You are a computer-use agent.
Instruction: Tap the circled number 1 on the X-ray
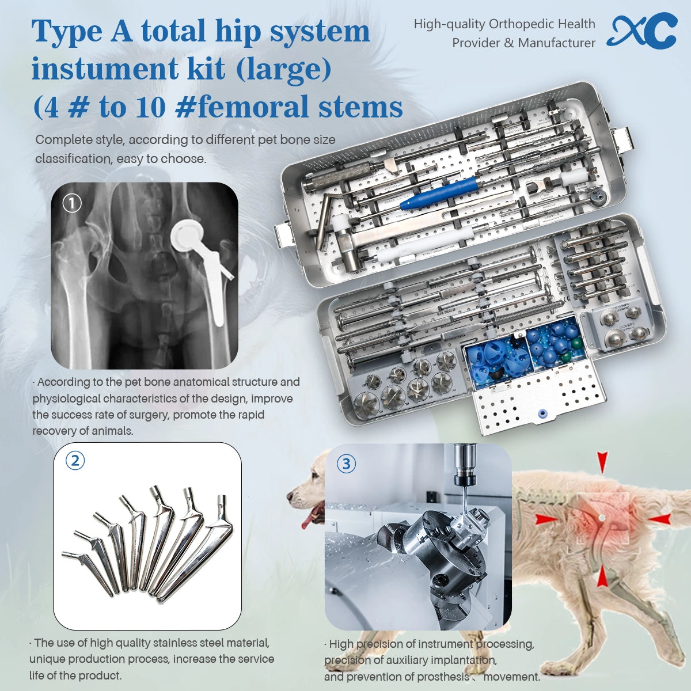[x=71, y=203]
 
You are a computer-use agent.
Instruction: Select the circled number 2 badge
[x=75, y=460]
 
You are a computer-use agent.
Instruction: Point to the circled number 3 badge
[x=345, y=464]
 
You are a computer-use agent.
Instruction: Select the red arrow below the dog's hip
[x=602, y=576]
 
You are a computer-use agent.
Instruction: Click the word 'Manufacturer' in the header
[x=556, y=43]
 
